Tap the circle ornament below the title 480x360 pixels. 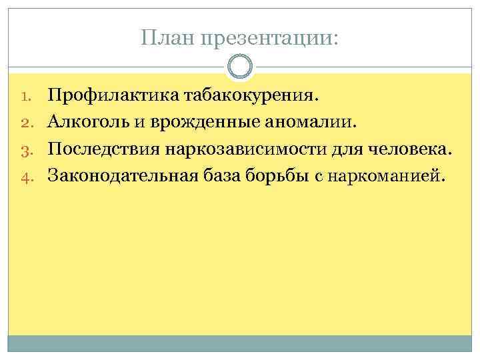(240, 67)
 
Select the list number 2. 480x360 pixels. (24, 123)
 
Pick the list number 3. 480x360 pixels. (24, 150)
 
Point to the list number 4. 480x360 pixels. (24, 177)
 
